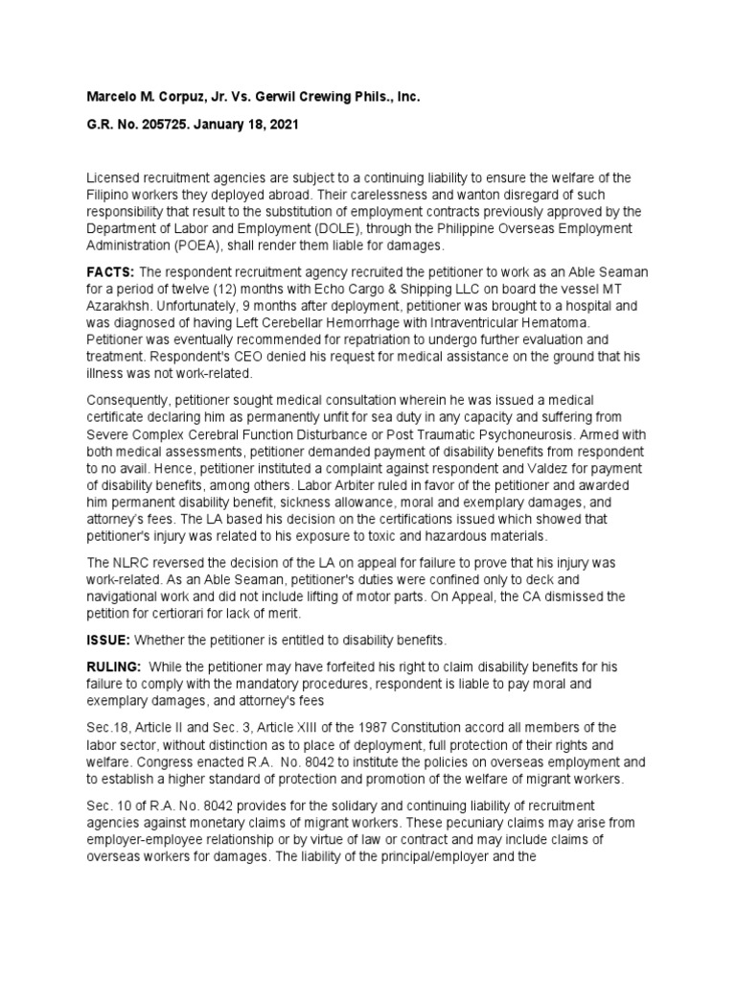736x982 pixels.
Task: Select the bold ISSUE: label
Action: pos(108,640)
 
